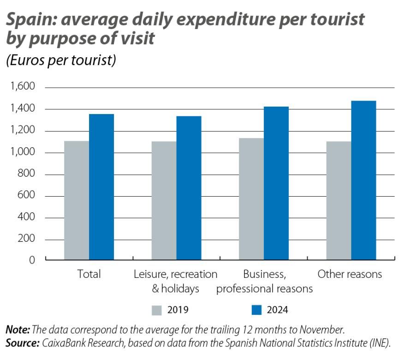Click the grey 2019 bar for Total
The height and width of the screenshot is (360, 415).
[x=77, y=200]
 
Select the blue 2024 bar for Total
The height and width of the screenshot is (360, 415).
[x=101, y=187]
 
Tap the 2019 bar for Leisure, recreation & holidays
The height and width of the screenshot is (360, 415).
[x=164, y=200]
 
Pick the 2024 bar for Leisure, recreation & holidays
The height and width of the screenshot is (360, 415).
[x=189, y=188]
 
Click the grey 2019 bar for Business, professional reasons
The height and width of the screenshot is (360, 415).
[x=251, y=199]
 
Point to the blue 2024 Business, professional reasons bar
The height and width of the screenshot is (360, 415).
[x=276, y=183]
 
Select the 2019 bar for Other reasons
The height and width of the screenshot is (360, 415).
[x=338, y=200]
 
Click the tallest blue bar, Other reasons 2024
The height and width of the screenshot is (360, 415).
[x=363, y=180]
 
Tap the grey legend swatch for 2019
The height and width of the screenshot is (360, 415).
[x=157, y=310]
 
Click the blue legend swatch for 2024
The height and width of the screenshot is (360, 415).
[x=257, y=310]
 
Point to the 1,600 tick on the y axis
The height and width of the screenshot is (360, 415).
[x=22, y=87]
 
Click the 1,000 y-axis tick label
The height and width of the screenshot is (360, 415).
[x=22, y=153]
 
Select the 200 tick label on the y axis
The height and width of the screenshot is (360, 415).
[x=26, y=240]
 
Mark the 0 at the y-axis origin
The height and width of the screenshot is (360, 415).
[x=32, y=260]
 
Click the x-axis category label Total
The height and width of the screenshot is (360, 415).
[x=89, y=274]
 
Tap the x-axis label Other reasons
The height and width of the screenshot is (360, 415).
[x=350, y=274]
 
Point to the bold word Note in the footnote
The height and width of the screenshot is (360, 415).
[x=17, y=330]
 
